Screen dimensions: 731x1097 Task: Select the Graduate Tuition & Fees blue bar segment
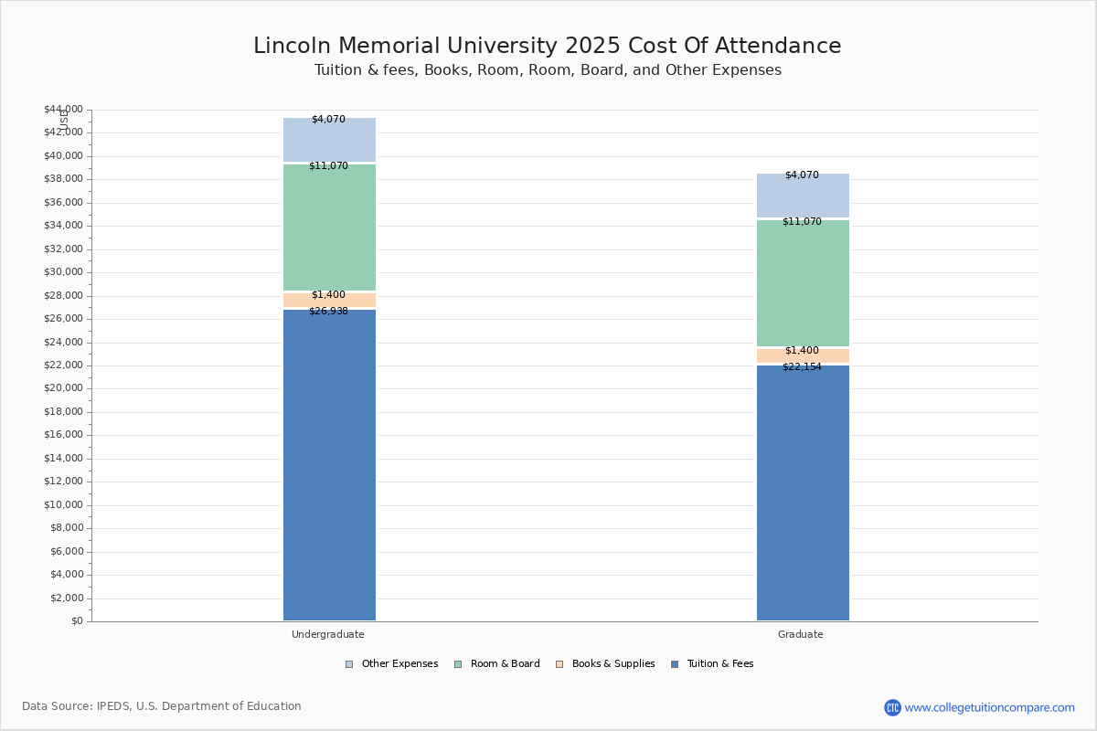[803, 493]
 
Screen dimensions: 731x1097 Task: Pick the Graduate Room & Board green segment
[803, 282]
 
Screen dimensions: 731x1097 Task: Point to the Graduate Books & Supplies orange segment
[803, 356]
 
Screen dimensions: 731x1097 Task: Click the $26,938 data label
[328, 312]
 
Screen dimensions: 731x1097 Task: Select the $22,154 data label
[802, 367]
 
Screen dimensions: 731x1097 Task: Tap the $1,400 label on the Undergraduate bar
[328, 295]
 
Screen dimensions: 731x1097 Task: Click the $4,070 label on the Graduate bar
[802, 175]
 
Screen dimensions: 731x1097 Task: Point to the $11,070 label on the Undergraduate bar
[328, 166]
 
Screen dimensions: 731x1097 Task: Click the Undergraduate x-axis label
[328, 634]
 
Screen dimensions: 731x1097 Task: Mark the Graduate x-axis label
[801, 634]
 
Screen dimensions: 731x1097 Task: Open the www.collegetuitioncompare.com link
[989, 707]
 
